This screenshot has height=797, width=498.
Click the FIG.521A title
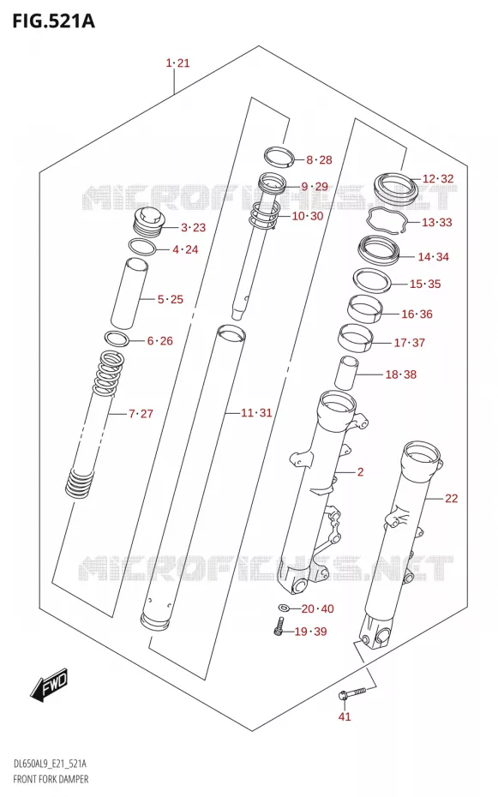point(53,21)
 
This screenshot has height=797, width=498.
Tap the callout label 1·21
point(178,63)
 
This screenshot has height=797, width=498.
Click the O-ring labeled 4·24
point(142,247)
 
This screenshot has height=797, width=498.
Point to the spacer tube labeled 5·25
point(130,293)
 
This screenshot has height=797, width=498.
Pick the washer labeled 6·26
point(117,338)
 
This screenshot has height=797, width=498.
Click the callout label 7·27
point(141,414)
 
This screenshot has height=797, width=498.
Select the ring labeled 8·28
point(279,157)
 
